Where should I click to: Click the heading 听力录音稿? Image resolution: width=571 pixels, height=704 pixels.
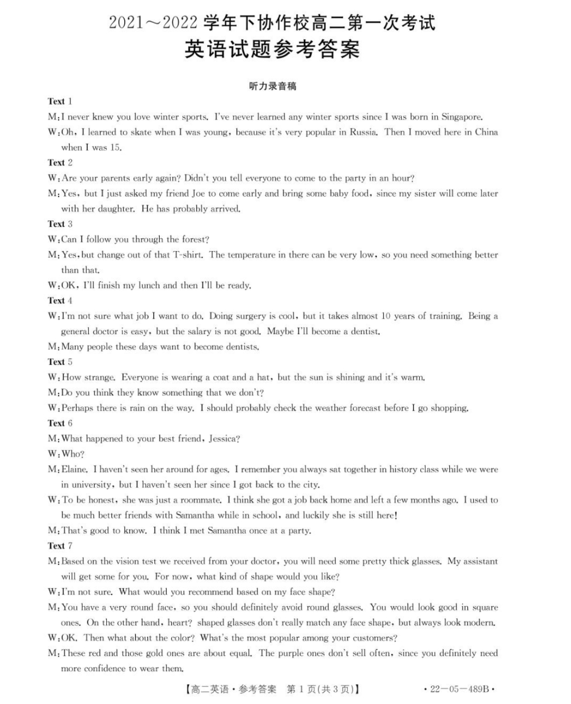click(272, 86)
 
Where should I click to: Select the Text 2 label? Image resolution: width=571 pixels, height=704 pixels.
click(60, 163)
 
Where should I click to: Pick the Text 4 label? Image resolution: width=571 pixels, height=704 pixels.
click(60, 301)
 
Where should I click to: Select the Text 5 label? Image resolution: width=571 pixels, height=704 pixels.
click(60, 362)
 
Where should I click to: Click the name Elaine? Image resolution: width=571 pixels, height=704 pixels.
click(75, 469)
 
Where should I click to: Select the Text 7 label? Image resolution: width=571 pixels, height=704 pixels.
click(60, 546)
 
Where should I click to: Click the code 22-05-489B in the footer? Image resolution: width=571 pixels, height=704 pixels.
click(459, 689)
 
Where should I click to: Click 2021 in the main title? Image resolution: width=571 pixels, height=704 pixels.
click(126, 23)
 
